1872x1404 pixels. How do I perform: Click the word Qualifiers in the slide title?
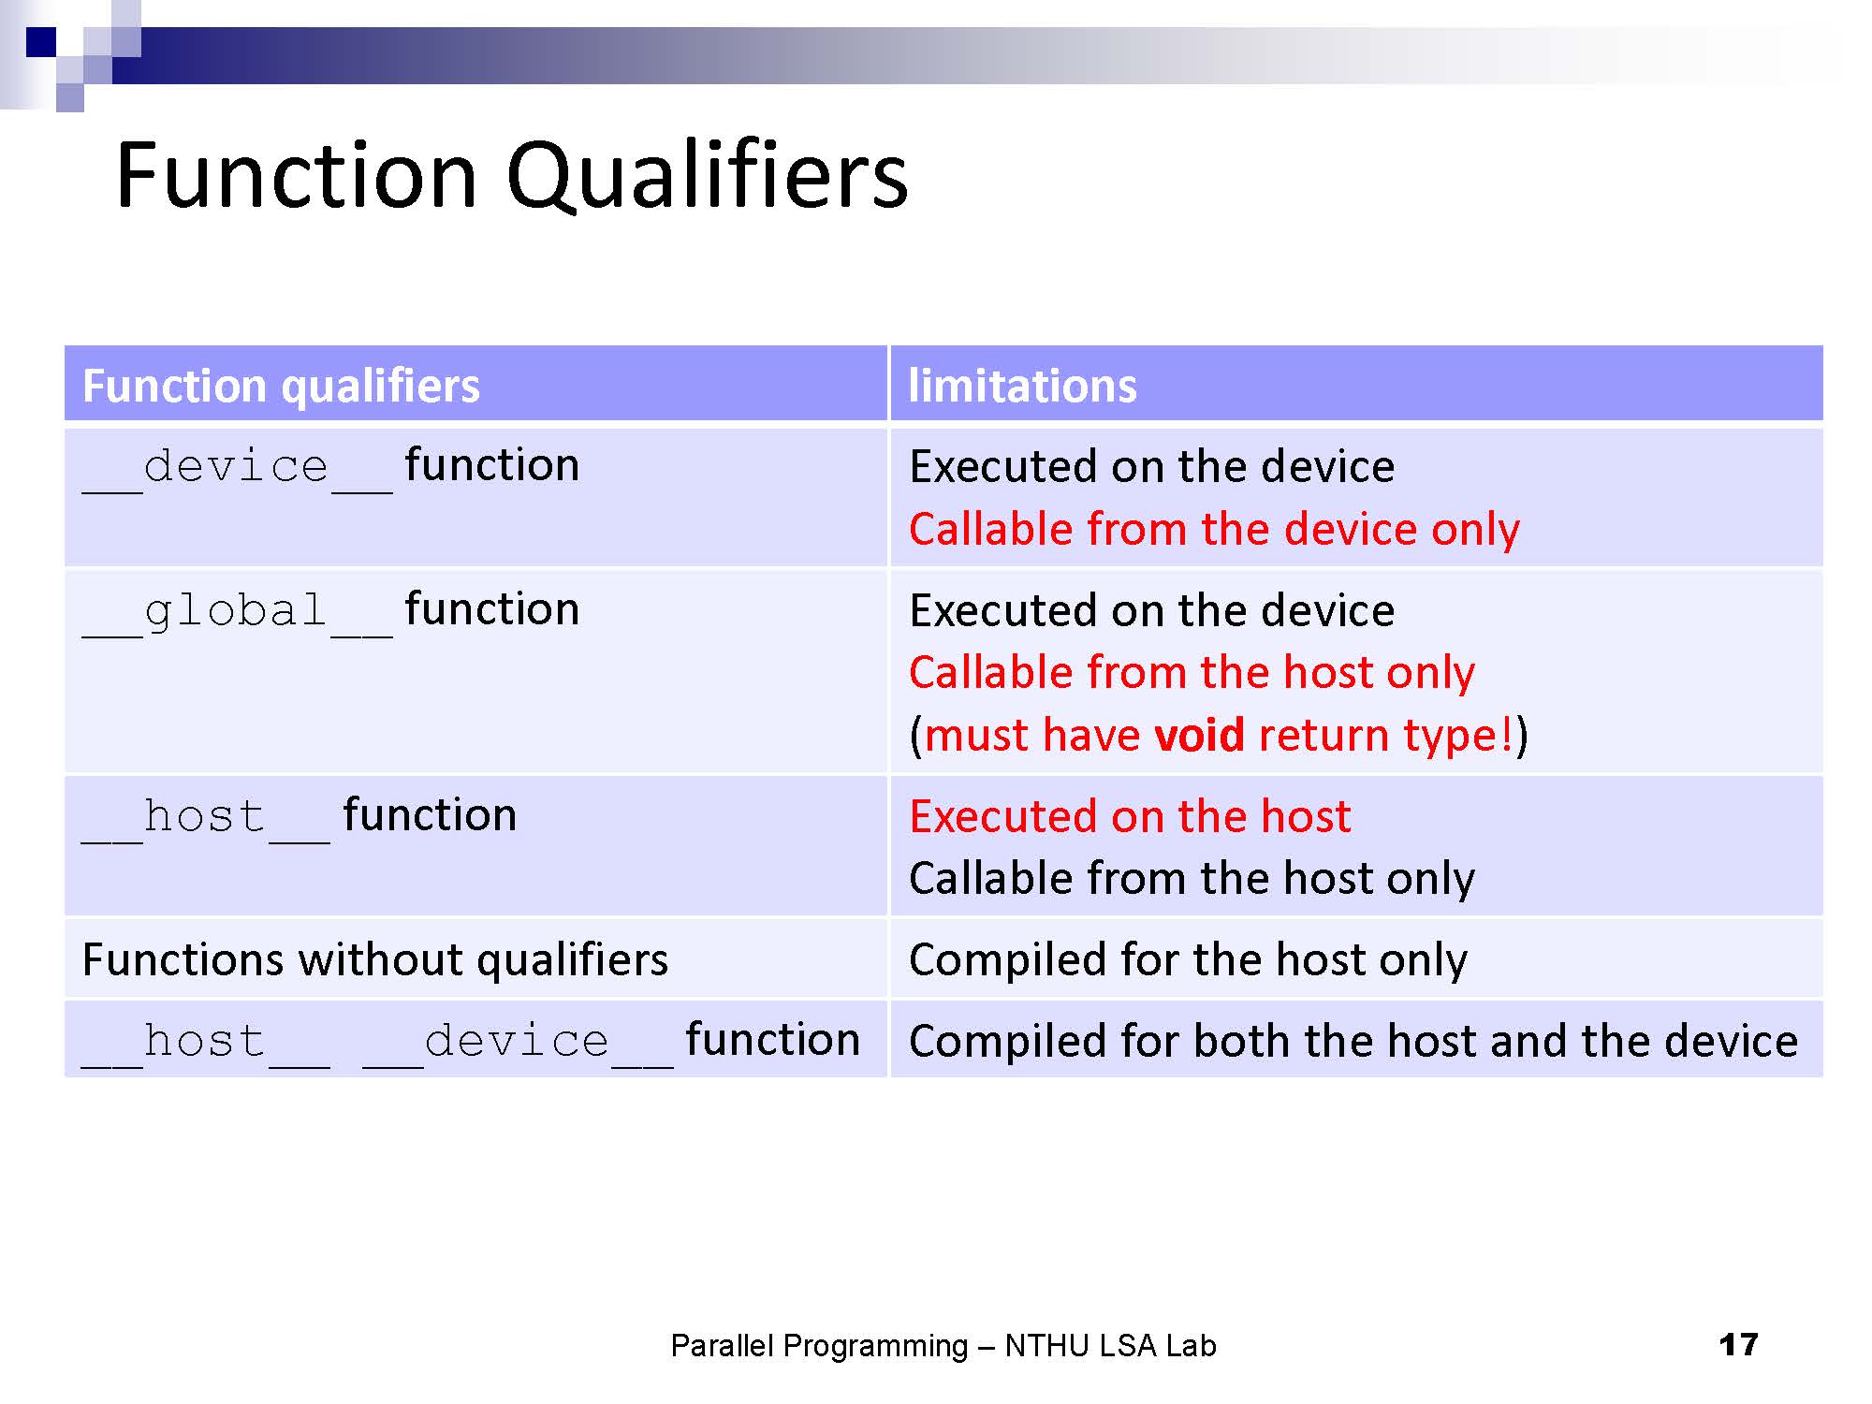pyautogui.click(x=707, y=176)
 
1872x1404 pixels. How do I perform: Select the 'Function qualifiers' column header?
pyautogui.click(x=281, y=386)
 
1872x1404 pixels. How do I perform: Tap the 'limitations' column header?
pyautogui.click(x=1022, y=386)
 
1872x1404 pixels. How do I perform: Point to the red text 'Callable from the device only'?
pyautogui.click(x=1214, y=530)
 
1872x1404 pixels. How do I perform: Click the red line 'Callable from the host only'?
pyautogui.click(x=1192, y=673)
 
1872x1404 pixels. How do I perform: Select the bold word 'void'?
pyautogui.click(x=1199, y=735)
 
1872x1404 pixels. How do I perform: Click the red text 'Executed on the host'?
pyautogui.click(x=1130, y=816)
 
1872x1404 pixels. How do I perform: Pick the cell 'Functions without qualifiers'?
pyautogui.click(x=375, y=960)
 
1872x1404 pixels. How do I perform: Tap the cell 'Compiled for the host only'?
pyautogui.click(x=1188, y=960)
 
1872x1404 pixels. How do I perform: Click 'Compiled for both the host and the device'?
pyautogui.click(x=1353, y=1042)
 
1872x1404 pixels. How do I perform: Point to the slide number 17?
pyautogui.click(x=1738, y=1345)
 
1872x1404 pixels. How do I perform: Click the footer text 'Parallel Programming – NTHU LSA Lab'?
pyautogui.click(x=943, y=1346)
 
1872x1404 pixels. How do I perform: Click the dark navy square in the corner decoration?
pyautogui.click(x=41, y=42)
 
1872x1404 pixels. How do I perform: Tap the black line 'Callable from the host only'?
pyautogui.click(x=1192, y=879)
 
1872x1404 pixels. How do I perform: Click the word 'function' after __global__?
pyautogui.click(x=491, y=609)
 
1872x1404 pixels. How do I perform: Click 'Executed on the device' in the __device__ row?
pyautogui.click(x=1152, y=467)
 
